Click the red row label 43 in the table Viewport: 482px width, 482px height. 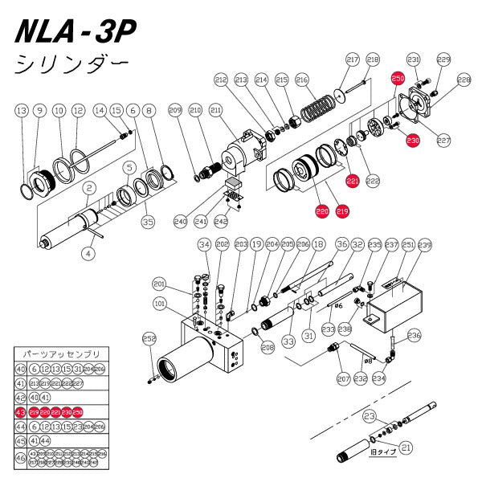(21, 411)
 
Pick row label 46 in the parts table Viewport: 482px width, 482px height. (21, 459)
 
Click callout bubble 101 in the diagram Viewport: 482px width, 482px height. (160, 304)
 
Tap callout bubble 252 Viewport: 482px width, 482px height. (149, 338)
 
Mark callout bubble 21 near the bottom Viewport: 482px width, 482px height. (405, 447)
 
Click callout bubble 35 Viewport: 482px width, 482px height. (147, 221)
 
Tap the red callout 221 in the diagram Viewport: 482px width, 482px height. (352, 182)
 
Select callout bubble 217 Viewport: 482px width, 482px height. (351, 60)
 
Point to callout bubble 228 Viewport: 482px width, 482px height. (464, 80)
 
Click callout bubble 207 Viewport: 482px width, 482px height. (345, 378)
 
